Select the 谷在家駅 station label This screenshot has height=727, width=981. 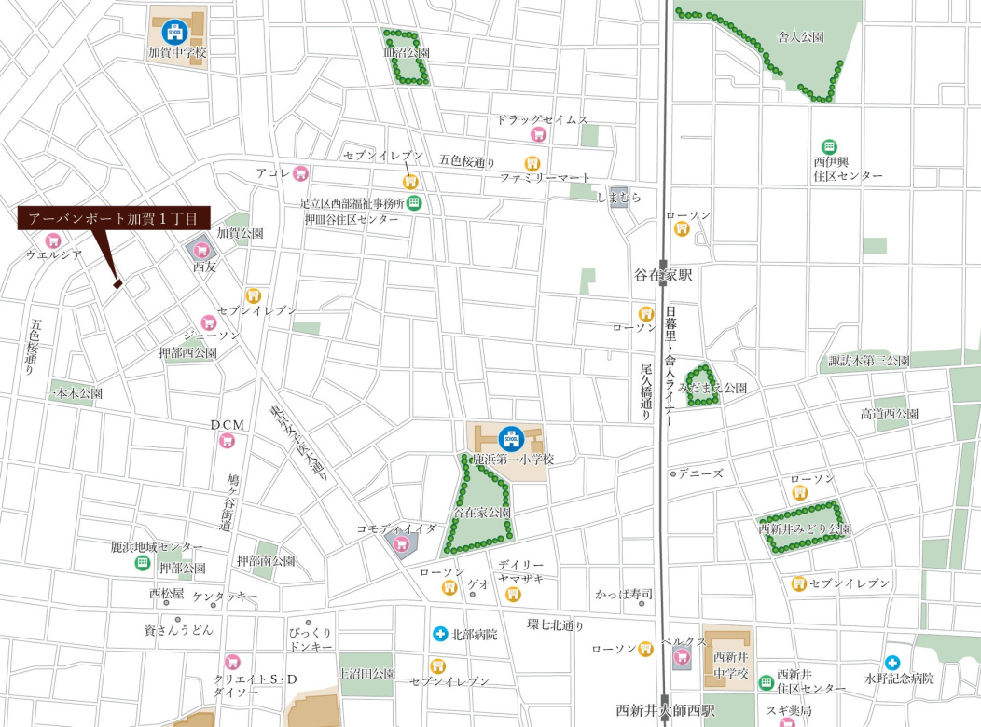(x=663, y=276)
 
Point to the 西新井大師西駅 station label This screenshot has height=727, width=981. (x=666, y=710)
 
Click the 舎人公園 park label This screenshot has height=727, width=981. (x=800, y=37)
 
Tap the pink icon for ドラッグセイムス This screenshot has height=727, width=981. (x=537, y=135)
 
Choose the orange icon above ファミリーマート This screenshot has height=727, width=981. (x=532, y=162)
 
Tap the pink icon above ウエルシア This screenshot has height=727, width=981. (x=53, y=240)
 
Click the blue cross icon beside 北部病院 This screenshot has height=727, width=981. (x=439, y=634)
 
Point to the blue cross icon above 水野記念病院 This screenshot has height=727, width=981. (x=892, y=663)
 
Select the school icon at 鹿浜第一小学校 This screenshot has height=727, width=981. (x=509, y=436)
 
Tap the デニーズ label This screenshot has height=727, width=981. (x=700, y=473)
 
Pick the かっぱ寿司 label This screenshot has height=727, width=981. (x=623, y=594)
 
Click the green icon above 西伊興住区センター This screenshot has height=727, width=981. (x=828, y=146)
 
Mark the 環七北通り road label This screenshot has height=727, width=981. (x=555, y=624)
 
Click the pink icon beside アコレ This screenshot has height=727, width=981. (x=299, y=173)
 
